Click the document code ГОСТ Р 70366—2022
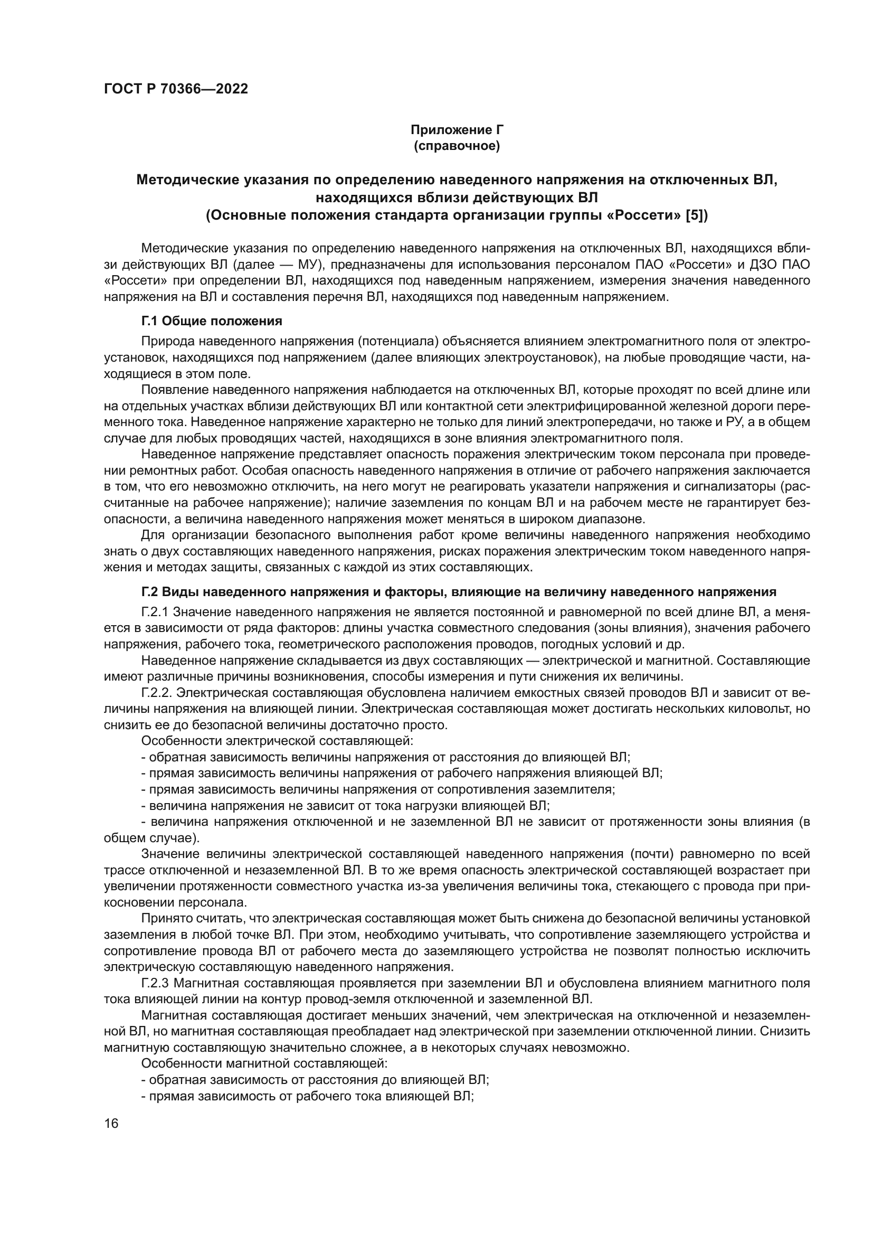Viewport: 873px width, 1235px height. [x=176, y=89]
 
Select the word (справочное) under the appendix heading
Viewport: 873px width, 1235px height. [x=457, y=146]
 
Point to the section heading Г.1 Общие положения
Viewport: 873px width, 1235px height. [x=211, y=321]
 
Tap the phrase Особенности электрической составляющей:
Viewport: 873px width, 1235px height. [x=277, y=741]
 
